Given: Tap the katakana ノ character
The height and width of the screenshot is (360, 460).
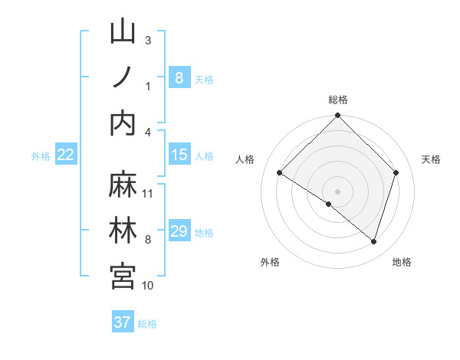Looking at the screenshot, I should (x=123, y=77).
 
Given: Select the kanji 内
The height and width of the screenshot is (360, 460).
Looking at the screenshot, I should (x=123, y=123).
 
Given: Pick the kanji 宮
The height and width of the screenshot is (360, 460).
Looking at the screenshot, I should (x=123, y=276).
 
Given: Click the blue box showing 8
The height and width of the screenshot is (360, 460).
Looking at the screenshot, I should (x=179, y=77).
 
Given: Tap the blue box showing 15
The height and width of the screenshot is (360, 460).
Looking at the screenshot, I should (x=179, y=155).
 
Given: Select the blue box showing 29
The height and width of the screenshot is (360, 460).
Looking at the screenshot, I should (x=179, y=231).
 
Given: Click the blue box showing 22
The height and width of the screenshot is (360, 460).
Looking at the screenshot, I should (x=65, y=155).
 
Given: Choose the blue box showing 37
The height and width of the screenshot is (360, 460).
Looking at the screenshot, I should (x=122, y=322).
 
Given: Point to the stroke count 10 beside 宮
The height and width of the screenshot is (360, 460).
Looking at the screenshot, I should (x=148, y=286).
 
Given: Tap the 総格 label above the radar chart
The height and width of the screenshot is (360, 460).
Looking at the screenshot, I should (x=338, y=100).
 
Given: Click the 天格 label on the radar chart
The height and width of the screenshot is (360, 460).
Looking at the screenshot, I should (x=431, y=159).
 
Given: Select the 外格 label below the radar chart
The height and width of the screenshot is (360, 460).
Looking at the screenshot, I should (x=270, y=262).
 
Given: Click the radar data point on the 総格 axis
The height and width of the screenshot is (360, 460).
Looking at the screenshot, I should (x=338, y=116).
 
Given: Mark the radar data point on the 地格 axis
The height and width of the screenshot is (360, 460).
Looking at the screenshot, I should (x=374, y=241).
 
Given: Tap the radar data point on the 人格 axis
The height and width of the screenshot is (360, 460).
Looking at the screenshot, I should (x=280, y=173).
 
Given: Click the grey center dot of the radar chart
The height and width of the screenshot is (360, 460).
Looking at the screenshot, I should (x=338, y=191).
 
